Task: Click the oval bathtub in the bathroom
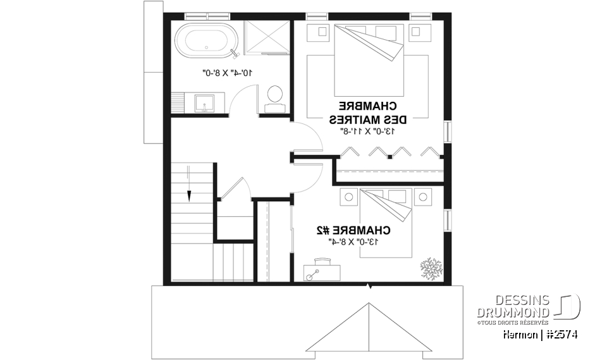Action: [209, 39]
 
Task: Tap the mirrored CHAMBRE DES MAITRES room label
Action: [367, 112]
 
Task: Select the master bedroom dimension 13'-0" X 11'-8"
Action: [368, 131]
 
